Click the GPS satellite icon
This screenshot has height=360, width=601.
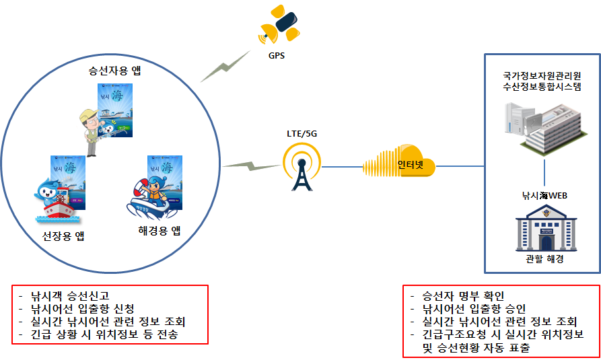(x=281, y=25)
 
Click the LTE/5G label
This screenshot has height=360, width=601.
(x=302, y=133)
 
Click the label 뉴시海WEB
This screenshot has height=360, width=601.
(x=544, y=195)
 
